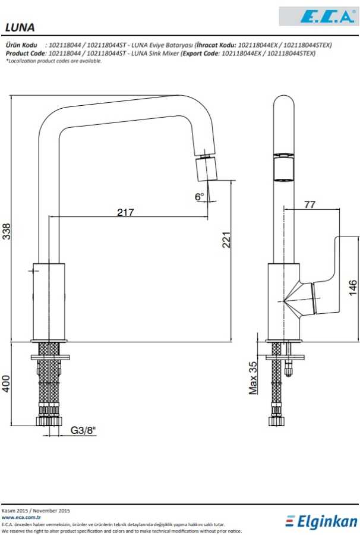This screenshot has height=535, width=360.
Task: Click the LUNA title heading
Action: click(x=20, y=27)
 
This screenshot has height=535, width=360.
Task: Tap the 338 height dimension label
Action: click(x=7, y=231)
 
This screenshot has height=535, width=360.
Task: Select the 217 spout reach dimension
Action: click(x=125, y=212)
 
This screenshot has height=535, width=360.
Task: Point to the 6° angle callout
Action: click(x=200, y=197)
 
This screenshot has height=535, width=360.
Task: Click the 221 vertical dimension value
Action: click(x=226, y=240)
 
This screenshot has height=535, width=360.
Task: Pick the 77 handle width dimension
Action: click(x=310, y=204)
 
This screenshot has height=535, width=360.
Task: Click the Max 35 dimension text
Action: click(x=253, y=378)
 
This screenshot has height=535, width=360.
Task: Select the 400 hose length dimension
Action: click(x=7, y=383)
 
